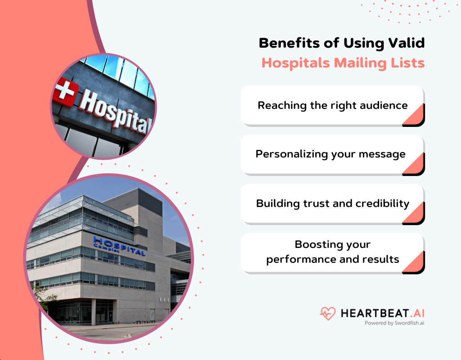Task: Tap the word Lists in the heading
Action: pos(408,63)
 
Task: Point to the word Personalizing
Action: pos(291,154)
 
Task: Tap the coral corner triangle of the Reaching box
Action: pos(415,116)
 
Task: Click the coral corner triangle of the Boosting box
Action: pos(415,263)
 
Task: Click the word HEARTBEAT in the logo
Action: pos(369,312)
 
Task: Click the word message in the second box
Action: pos(384,154)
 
